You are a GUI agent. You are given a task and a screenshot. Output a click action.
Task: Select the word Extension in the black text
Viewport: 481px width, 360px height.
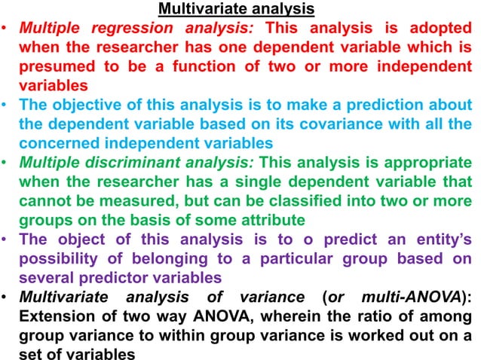[57, 316]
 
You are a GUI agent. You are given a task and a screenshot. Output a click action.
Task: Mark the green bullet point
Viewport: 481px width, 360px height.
[6, 162]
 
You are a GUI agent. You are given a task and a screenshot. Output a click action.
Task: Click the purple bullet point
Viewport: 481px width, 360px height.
[6, 239]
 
